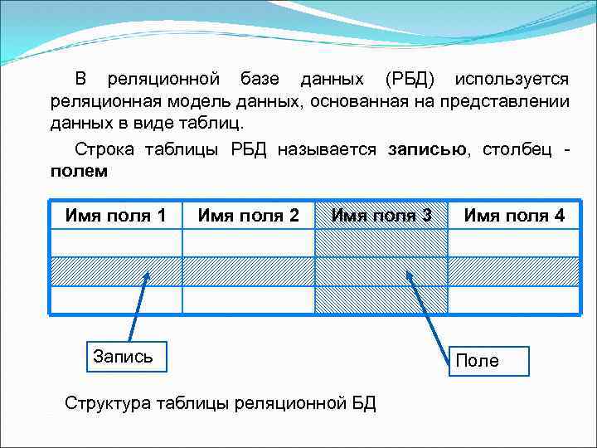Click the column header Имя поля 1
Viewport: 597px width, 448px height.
(x=116, y=216)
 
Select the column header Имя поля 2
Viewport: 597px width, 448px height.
(x=249, y=216)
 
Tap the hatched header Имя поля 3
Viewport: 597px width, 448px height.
(x=381, y=216)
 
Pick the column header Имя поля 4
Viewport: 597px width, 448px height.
(x=514, y=216)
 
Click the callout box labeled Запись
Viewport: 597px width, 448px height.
(x=123, y=357)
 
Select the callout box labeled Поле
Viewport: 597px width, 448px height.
(x=477, y=360)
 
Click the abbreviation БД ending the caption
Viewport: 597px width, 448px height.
(x=363, y=404)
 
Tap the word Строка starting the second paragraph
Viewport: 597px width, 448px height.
(x=104, y=150)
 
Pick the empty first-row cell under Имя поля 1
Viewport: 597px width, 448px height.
(x=116, y=243)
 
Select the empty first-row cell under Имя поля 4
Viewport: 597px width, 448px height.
(x=514, y=243)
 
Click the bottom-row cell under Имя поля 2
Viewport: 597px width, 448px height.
(x=249, y=299)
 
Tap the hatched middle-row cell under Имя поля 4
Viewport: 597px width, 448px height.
(x=514, y=271)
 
